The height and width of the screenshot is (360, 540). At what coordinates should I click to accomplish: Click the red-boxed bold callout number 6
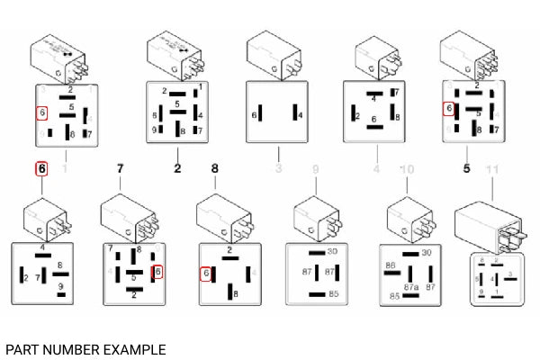[41, 168]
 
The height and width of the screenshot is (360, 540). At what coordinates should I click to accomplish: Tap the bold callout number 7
[119, 168]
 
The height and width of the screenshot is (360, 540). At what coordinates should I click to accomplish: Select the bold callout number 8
[214, 168]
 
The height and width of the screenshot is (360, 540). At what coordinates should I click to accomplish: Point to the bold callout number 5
[466, 168]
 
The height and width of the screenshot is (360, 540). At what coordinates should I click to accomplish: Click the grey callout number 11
[490, 168]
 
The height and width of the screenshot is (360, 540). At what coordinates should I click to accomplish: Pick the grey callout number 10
[407, 168]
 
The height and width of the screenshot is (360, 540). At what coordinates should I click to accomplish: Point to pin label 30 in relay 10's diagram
[427, 252]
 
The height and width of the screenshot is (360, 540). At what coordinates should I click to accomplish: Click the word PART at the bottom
[22, 348]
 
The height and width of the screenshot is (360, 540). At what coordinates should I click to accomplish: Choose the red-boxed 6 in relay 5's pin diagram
[448, 110]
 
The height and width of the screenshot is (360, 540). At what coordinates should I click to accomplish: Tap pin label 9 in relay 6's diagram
[60, 287]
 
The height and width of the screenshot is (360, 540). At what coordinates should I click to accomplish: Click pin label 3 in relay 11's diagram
[510, 274]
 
